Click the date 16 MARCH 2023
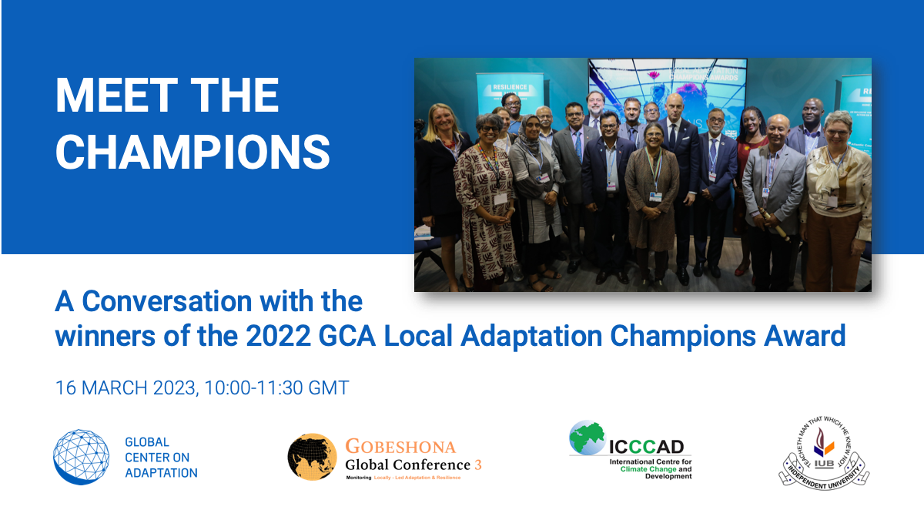[x=126, y=387]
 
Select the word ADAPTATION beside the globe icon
[x=161, y=472]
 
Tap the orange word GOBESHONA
[x=400, y=447]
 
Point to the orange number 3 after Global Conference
[x=477, y=465]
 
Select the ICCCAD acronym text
[x=648, y=446]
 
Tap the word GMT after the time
[x=329, y=387]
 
